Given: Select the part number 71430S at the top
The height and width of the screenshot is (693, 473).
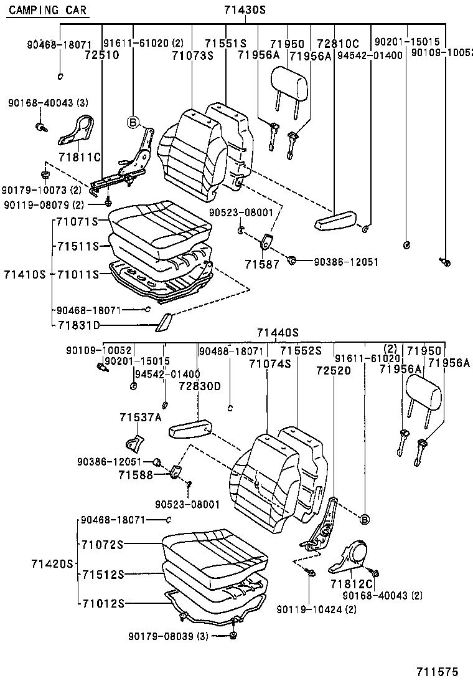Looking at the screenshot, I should pyautogui.click(x=245, y=10).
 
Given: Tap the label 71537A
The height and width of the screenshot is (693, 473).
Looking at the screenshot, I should pyautogui.click(x=141, y=417).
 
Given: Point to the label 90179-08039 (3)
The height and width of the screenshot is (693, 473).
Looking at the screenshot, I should pyautogui.click(x=168, y=636).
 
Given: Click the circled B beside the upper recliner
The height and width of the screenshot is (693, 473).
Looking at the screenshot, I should pyautogui.click(x=132, y=122).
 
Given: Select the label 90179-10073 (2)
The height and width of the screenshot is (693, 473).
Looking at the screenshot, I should pyautogui.click(x=41, y=189).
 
